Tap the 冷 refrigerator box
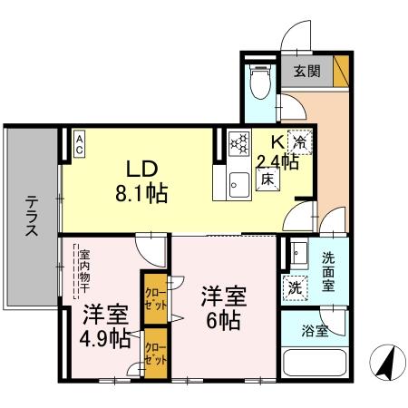click(299, 140)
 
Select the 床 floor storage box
click(269, 180)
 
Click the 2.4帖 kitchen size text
click(277, 162)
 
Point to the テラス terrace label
click(31, 218)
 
